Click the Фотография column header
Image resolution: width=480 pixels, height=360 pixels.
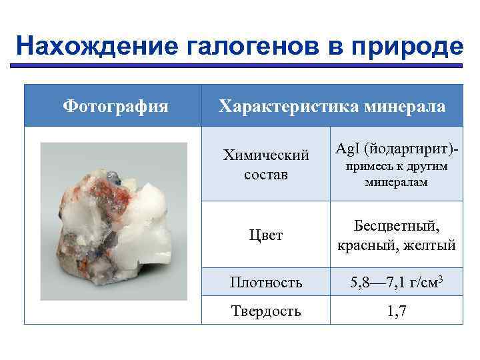point(115,106)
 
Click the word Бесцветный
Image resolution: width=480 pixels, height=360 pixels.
point(397,226)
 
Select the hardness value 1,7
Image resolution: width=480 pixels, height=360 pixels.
point(397,311)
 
